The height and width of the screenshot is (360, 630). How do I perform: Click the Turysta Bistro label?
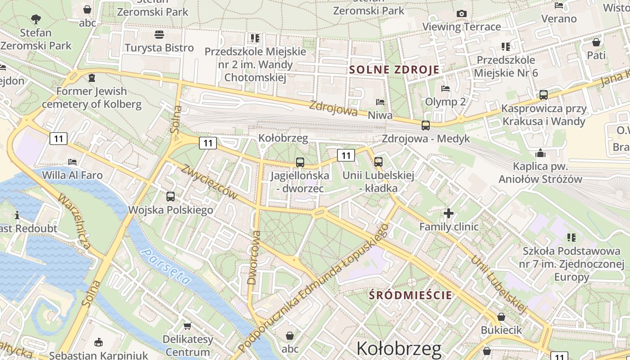pyautogui.click(x=159, y=48)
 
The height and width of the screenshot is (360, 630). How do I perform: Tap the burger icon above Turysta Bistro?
pyautogui.click(x=159, y=34)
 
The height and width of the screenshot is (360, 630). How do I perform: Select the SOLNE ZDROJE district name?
pyautogui.click(x=394, y=70)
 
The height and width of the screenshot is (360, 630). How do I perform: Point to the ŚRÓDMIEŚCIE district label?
pyautogui.click(x=410, y=295)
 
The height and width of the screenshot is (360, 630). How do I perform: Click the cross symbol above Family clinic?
pyautogui.click(x=449, y=213)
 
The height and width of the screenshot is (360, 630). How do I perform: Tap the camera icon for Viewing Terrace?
pyautogui.click(x=461, y=14)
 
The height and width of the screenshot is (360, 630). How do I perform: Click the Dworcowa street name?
pyautogui.click(x=254, y=257)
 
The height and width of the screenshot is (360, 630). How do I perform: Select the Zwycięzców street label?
pyautogui.click(x=209, y=181)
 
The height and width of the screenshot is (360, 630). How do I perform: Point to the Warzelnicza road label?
pyautogui.click(x=75, y=222)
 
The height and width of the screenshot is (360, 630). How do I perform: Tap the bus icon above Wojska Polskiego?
pyautogui.click(x=171, y=197)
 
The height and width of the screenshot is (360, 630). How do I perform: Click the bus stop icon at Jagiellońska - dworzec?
pyautogui.click(x=300, y=162)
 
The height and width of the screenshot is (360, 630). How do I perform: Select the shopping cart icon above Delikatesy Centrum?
pyautogui.click(x=187, y=325)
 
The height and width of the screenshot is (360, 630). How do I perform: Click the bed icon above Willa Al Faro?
pyautogui.click(x=72, y=162)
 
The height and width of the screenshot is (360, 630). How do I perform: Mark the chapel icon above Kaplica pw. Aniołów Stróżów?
pyautogui.click(x=540, y=153)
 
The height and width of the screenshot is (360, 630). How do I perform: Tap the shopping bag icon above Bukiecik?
pyautogui.click(x=501, y=317)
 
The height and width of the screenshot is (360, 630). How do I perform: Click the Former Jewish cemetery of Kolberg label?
pyautogui.click(x=92, y=98)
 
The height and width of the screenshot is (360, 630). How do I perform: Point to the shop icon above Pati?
pyautogui.click(x=596, y=42)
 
